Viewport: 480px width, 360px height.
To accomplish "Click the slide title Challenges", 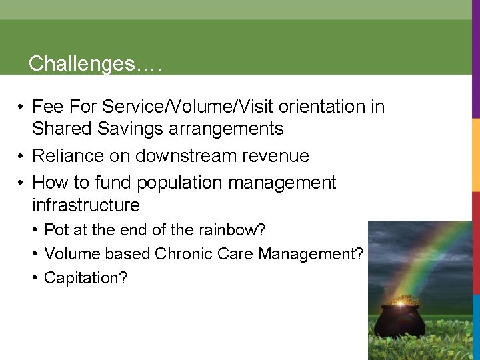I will tap(95, 64).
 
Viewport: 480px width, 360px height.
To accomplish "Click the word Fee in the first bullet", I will tap(47, 107).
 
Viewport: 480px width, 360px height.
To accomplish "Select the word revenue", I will tap(283, 156).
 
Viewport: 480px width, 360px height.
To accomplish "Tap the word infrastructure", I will tap(86, 205).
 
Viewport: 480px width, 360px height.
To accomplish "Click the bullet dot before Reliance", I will tap(22, 157).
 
